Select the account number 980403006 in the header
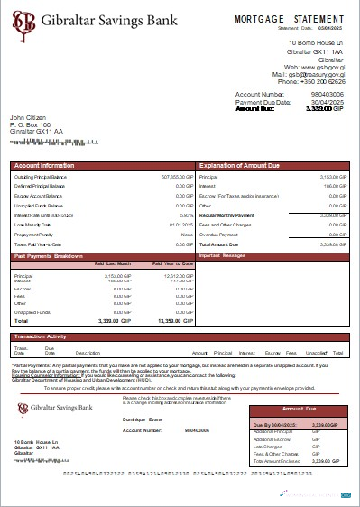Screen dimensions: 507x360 (x=328, y=94)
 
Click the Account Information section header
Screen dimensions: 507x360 (x=45, y=167)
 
